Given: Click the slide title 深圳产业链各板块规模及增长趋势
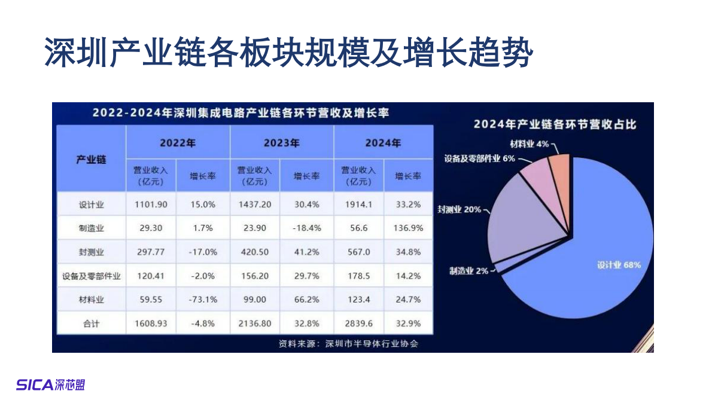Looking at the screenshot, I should pyautogui.click(x=288, y=53).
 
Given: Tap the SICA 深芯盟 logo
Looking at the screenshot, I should pyautogui.click(x=50, y=384).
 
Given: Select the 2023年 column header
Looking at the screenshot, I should pyautogui.click(x=281, y=143).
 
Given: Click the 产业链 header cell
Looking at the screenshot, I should pyautogui.click(x=91, y=159).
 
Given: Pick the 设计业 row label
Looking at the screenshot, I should pyautogui.click(x=91, y=204).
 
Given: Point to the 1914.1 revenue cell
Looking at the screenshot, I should pyautogui.click(x=359, y=204).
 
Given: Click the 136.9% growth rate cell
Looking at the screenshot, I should pyautogui.click(x=408, y=228).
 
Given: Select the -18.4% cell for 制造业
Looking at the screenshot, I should pyautogui.click(x=306, y=228).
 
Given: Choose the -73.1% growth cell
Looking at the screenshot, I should pyautogui.click(x=203, y=300).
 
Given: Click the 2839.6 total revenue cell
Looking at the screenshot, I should pyautogui.click(x=359, y=323).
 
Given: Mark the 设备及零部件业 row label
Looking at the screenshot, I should pyautogui.click(x=91, y=276).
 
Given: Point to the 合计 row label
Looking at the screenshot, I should pyautogui.click(x=91, y=323).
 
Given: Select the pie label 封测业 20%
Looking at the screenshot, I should pyautogui.click(x=459, y=210).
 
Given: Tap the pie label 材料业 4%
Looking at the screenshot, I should pyautogui.click(x=530, y=144).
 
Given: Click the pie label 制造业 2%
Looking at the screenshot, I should pyautogui.click(x=469, y=271).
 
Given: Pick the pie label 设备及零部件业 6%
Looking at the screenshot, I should pyautogui.click(x=479, y=159).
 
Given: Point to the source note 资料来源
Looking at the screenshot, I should pyautogui.click(x=348, y=344).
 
